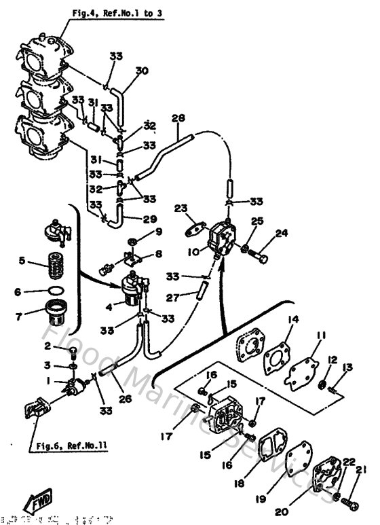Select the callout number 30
141,70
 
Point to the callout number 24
282,233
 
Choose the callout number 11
320,336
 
